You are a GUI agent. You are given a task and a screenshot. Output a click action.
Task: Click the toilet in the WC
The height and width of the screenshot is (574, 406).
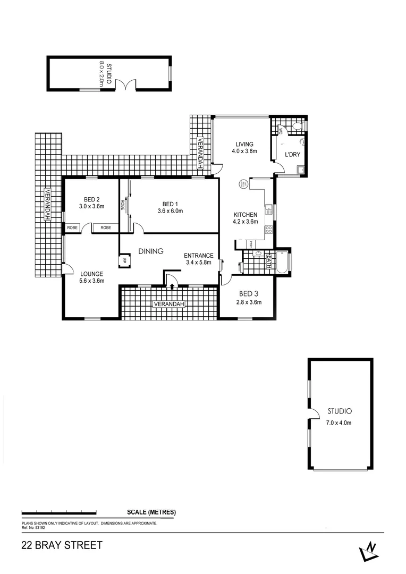point(297,126)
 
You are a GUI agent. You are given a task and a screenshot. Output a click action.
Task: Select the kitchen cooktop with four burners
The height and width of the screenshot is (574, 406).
point(269,230)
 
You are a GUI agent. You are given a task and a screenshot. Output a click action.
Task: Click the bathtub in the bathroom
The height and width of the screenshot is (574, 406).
point(282,262)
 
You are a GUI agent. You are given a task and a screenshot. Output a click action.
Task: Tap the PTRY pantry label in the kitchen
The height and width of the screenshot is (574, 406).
point(250,244)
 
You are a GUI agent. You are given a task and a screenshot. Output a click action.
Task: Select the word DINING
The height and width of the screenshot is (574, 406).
point(151,251)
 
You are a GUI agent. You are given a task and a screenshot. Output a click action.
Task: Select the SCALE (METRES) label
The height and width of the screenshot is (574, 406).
point(151,512)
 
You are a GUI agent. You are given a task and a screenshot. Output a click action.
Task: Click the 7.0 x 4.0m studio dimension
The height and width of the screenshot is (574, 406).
point(340,423)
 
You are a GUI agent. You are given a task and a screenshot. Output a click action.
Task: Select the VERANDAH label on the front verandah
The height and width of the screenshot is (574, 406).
point(170,304)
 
